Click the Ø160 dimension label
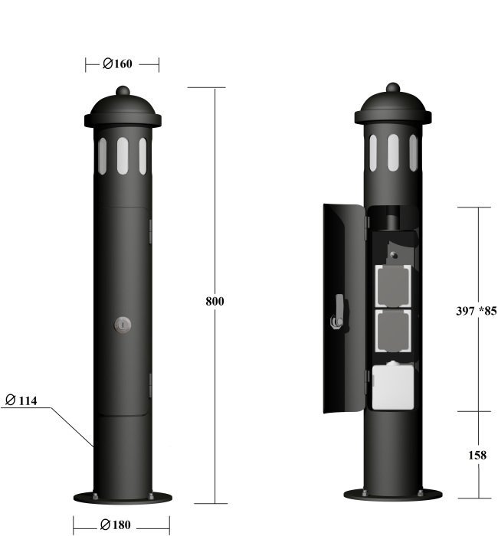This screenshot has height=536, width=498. pos(117,64)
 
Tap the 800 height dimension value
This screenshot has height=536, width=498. pos(215,301)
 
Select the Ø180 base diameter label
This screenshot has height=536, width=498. pos(115,525)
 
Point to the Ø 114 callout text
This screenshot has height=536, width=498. pos(21,400)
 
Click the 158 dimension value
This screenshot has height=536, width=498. pos(477,455)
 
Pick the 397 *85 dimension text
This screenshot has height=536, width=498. pos(477,311)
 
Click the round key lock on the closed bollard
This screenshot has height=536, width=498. pos(123,325)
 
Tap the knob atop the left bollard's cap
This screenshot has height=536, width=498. pos(123,90)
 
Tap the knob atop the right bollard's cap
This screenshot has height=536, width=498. pos(393,87)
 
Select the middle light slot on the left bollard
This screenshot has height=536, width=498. pos(123,156)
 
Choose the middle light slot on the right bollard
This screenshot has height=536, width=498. pos(393,152)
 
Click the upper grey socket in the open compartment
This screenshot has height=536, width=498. pos(393,286)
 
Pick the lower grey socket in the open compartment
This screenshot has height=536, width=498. pos(393,331)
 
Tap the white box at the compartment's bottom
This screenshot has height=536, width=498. pos(392,387)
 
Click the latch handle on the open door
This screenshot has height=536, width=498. pos(338,312)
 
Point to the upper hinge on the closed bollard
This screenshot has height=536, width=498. pos(150,231)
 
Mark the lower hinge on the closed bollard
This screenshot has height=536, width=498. pos(150,385)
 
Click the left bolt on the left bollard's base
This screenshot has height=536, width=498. pos(95,496)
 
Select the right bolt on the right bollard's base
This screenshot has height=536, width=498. pos(421,492)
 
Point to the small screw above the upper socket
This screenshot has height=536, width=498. pos(394,255)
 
